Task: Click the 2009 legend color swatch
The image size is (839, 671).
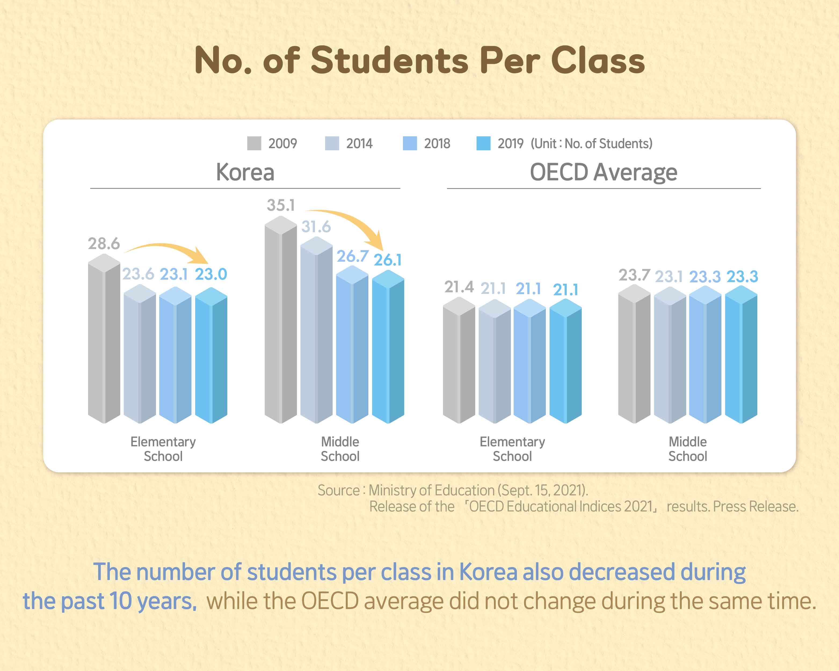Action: point(254,143)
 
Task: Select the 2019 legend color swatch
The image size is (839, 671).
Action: point(483,143)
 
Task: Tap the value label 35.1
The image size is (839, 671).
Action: point(281,205)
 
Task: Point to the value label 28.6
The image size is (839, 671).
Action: point(104,243)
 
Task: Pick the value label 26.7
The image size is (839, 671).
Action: point(352,256)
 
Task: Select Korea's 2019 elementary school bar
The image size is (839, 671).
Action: point(211,358)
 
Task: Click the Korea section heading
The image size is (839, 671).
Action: point(245,172)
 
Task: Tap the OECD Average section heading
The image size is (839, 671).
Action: point(604,172)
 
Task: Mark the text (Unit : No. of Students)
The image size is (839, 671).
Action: point(591,144)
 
